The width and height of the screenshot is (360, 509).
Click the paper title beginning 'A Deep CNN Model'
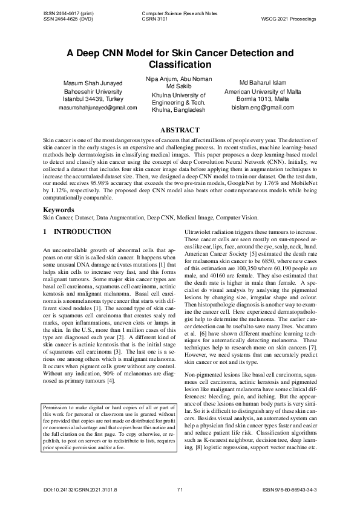tap(180, 58)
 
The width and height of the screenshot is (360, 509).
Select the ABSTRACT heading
tap(179, 130)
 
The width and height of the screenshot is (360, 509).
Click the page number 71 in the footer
tap(180, 488)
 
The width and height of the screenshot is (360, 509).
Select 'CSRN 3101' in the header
tap(154, 19)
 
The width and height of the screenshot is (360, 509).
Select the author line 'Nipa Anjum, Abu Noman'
tap(178, 79)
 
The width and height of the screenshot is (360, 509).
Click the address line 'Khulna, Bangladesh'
tap(178, 110)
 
